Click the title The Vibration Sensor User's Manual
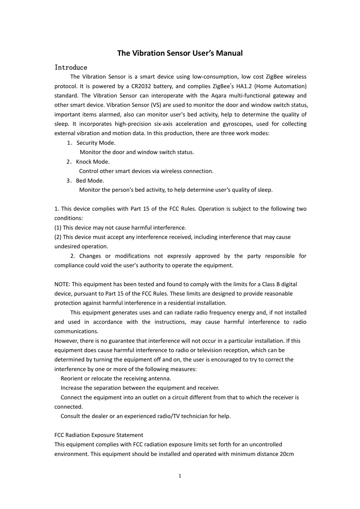[x=180, y=53]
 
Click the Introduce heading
[x=71, y=67]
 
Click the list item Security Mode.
[x=96, y=143]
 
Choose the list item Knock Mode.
[x=92, y=162]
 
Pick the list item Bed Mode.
[x=90, y=181]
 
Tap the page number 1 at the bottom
[x=180, y=476]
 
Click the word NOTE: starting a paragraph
[x=63, y=284]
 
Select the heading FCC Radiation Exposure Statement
[x=99, y=435]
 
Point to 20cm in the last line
[x=287, y=454]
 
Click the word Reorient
[x=72, y=378]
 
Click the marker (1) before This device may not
[x=58, y=228]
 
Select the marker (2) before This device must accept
[x=58, y=237]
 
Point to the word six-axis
[x=163, y=124]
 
